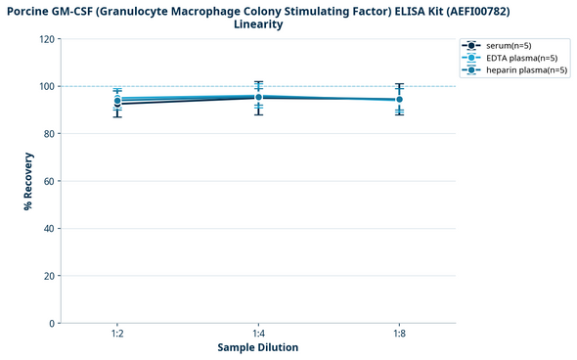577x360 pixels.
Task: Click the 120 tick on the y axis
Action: pos(46,39)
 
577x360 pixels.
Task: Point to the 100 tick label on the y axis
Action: pos(46,86)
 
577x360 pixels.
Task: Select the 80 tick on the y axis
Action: pos(49,134)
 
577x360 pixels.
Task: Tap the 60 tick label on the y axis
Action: pos(49,181)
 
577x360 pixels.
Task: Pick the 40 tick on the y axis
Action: pos(49,228)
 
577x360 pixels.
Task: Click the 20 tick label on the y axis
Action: pos(49,276)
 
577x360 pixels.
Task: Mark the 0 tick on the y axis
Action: pos(52,323)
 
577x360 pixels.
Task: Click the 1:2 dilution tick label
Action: pos(117,334)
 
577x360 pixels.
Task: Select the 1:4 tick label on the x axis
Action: pos(258,334)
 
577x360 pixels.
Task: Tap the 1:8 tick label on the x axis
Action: pos(399,334)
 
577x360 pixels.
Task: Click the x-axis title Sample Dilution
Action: pos(258,348)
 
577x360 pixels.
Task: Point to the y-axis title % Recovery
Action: pos(28,181)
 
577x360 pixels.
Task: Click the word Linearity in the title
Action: pos(258,24)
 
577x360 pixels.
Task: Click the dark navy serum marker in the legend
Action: pos(471,46)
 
